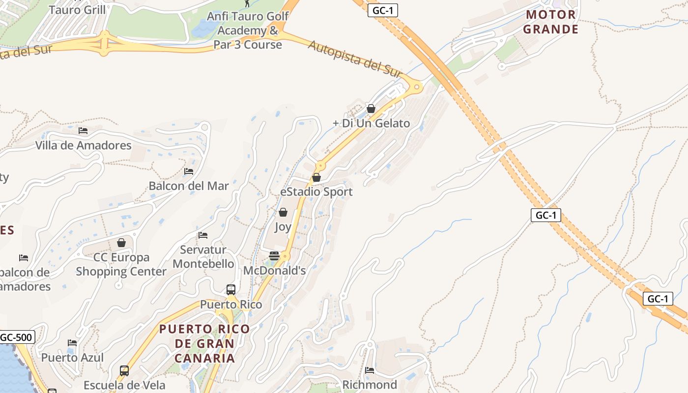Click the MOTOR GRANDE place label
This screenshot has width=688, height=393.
click(550, 22)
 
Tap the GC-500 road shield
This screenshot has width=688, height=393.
click(17, 337)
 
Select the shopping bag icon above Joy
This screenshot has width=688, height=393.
click(283, 212)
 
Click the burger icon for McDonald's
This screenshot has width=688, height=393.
click(274, 256)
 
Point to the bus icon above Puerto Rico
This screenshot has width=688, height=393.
click(231, 289)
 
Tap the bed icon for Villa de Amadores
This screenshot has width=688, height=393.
click(83, 131)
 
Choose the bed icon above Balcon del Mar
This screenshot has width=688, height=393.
click(189, 171)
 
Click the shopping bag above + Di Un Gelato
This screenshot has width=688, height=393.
click(371, 109)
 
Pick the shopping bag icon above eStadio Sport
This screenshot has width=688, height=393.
click(316, 177)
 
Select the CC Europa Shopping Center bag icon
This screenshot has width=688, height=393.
click(121, 243)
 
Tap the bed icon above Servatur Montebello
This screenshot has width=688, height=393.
click(203, 235)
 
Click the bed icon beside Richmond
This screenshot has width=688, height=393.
click(370, 370)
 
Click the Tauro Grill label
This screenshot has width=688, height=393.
click(77, 9)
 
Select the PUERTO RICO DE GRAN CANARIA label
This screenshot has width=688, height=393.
click(204, 343)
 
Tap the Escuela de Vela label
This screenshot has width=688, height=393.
click(124, 385)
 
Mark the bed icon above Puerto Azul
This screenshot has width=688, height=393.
click(72, 342)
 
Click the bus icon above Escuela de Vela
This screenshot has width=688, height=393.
click(124, 370)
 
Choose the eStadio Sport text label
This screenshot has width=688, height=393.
click(316, 192)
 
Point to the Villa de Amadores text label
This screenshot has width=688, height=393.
click(83, 145)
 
